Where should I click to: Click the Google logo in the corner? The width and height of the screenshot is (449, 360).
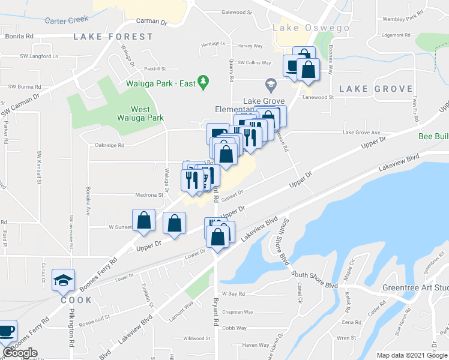tap(20, 353)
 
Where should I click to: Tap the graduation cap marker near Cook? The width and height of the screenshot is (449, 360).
tap(63, 280)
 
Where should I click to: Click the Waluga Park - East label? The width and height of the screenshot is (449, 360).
tap(161, 83)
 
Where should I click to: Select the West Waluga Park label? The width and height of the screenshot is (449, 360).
tap(148, 114)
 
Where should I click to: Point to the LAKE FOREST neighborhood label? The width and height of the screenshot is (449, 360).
tap(113, 37)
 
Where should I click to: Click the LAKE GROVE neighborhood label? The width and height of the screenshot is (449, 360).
tap(368, 89)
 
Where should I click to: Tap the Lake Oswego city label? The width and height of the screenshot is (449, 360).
tap(303, 28)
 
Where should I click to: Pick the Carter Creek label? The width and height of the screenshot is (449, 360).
tap(66, 20)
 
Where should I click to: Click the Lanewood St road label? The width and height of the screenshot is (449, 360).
tap(318, 97)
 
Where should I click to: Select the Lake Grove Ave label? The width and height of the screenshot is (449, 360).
tap(361, 133)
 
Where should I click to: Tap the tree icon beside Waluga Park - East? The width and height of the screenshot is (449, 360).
tap(203, 81)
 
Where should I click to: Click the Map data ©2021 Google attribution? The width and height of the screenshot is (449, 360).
tap(412, 355)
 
